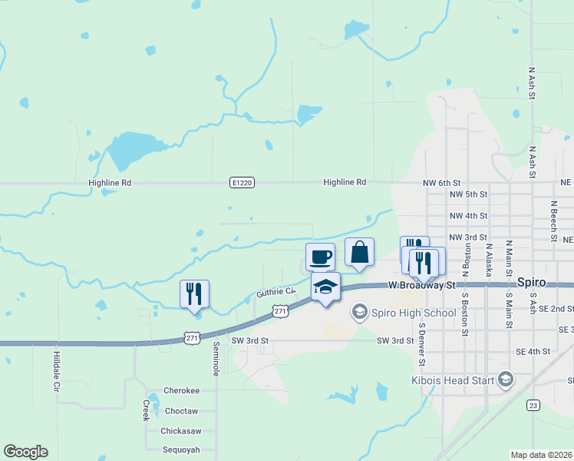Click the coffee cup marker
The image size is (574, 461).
click(x=320, y=255)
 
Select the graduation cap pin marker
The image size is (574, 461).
click(x=325, y=287)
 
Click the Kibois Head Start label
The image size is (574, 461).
click(x=457, y=379)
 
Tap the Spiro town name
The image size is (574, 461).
click(x=531, y=282)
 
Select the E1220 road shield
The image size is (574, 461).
click(x=241, y=183)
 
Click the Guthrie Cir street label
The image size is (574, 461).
click(x=275, y=292)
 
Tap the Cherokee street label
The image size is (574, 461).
click(x=181, y=390)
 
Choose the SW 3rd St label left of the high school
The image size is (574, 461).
click(x=252, y=340)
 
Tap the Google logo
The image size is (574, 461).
click(x=25, y=452)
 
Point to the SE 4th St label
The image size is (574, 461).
click(x=533, y=351)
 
